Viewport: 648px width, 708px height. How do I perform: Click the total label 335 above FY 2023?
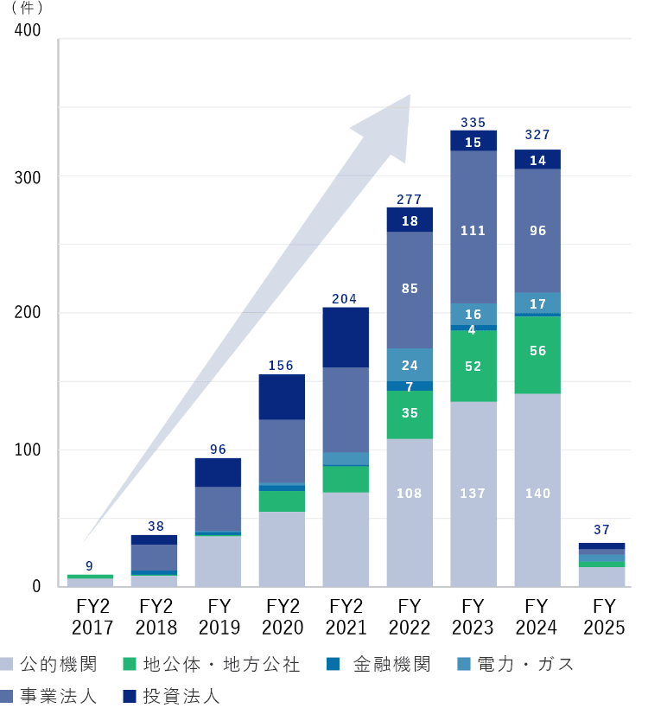coord(473,123)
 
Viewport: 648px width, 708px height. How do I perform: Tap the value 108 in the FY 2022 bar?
coord(410,494)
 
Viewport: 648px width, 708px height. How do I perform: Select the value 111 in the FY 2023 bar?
coord(473,231)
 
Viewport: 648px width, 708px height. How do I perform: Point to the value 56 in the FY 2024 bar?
coord(537,351)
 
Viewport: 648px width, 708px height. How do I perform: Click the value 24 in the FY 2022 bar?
coord(410,366)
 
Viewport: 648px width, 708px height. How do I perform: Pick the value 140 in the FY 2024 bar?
coord(537,494)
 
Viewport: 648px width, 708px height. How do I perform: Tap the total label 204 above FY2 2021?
coord(345,299)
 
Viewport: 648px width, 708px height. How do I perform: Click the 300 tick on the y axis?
coord(29,176)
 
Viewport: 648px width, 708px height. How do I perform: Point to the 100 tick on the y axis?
coord(29,450)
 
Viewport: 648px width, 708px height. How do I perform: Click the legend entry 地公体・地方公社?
coord(212,664)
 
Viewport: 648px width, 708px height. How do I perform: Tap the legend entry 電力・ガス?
coord(515,664)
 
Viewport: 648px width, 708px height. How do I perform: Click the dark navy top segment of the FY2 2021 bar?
coord(345,337)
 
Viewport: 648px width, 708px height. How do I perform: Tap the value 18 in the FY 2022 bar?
coord(410,221)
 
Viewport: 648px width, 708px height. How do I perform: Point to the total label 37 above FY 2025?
coord(601,530)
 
